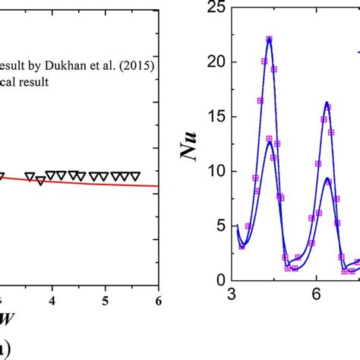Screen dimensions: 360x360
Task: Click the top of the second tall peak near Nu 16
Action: pyautogui.click(x=327, y=103)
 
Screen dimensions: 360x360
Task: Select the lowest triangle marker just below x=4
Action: pyautogui.click(x=40, y=181)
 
